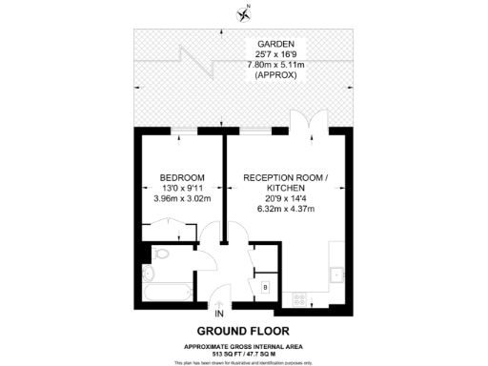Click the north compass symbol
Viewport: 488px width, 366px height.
click(246, 13)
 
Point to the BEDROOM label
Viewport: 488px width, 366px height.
click(180, 178)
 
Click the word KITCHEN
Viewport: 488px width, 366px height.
click(286, 189)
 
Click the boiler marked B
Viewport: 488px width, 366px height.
click(264, 287)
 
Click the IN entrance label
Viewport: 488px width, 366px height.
click(220, 314)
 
